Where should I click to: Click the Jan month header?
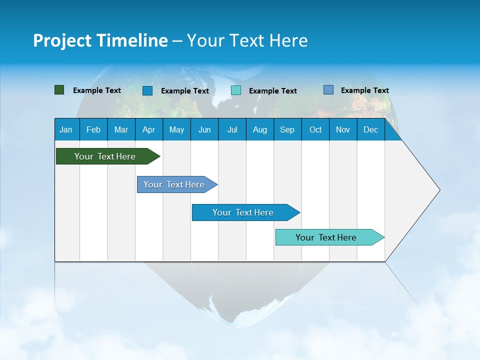(66, 129)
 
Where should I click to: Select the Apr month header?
(149, 129)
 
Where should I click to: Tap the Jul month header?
(232, 129)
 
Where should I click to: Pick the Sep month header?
(287, 129)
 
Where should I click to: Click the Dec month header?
(370, 129)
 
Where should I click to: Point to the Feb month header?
(93, 129)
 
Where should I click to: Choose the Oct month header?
(315, 129)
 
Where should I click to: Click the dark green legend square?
(59, 90)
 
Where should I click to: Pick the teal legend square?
(236, 90)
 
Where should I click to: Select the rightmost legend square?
(328, 90)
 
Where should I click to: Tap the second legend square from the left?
(147, 90)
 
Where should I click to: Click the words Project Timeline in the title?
(100, 40)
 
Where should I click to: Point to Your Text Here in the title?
(247, 40)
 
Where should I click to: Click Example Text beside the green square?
(97, 90)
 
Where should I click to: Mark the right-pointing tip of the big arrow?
(439, 190)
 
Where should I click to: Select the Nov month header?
(343, 129)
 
